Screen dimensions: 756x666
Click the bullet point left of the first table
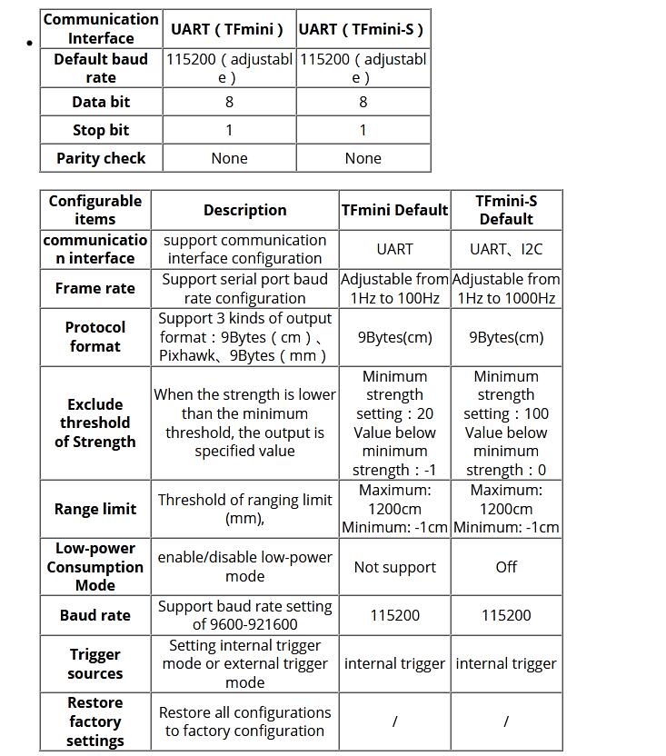pyautogui.click(x=30, y=44)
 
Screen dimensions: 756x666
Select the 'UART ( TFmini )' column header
pyautogui.click(x=229, y=29)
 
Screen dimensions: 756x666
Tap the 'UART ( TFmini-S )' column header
pyautogui.click(x=363, y=29)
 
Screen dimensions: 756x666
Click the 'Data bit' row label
pyautogui.click(x=101, y=102)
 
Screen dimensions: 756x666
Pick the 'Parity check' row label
pyautogui.click(x=101, y=158)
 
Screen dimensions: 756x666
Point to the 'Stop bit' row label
pyautogui.click(x=101, y=130)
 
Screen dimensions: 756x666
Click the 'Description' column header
pyautogui.click(x=244, y=210)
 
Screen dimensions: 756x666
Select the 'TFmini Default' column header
pyautogui.click(x=394, y=210)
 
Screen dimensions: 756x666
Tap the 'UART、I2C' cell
pyautogui.click(x=506, y=249)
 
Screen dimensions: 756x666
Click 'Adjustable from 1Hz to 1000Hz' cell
pyautogui.click(x=506, y=288)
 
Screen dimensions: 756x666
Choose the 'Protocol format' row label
pyautogui.click(x=95, y=336)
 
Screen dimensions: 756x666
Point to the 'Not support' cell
pyautogui.click(x=394, y=567)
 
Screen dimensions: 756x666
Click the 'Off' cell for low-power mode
pyautogui.click(x=506, y=567)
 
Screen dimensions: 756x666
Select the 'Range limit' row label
pyautogui.click(x=95, y=509)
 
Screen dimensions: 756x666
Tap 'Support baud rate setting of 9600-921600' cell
pyautogui.click(x=244, y=615)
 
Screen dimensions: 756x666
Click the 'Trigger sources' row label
pyautogui.click(x=95, y=663)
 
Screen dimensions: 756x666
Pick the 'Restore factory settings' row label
pyautogui.click(x=95, y=721)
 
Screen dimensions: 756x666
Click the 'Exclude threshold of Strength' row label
pyautogui.click(x=95, y=423)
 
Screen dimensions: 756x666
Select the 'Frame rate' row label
pyautogui.click(x=95, y=288)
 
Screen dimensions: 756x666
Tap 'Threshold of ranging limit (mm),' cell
pyautogui.click(x=244, y=509)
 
